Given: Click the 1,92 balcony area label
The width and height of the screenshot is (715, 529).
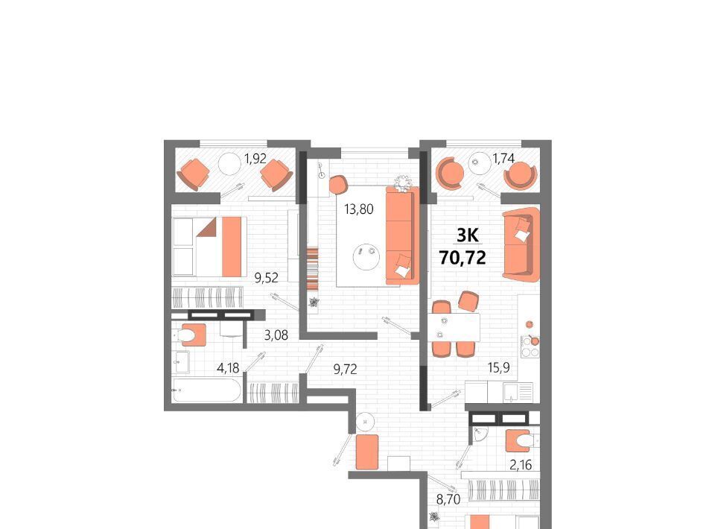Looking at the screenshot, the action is (x=255, y=159).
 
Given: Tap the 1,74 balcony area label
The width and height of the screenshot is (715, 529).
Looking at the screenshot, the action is (x=503, y=159).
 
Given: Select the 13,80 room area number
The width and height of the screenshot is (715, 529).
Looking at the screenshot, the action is (x=359, y=209).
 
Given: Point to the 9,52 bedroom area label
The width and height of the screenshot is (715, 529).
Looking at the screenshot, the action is (x=267, y=277).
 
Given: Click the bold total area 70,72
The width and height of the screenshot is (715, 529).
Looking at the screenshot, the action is (x=463, y=258).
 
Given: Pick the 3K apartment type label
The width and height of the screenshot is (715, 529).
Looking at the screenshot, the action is (x=468, y=235).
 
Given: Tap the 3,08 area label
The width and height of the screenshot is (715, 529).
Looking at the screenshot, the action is (x=276, y=335).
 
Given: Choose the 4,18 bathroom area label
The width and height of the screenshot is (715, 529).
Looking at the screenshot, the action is (x=228, y=367).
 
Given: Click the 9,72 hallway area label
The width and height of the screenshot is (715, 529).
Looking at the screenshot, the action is (x=345, y=369).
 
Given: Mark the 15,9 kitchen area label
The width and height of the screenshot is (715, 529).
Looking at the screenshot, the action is (x=499, y=367).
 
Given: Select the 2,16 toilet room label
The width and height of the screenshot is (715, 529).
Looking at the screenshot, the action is (x=521, y=465).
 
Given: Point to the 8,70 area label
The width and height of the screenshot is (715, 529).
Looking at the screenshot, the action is (x=448, y=499).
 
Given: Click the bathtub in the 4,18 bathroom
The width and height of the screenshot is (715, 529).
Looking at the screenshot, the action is (x=207, y=391).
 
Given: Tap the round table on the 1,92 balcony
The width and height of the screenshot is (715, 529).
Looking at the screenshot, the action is (x=229, y=165).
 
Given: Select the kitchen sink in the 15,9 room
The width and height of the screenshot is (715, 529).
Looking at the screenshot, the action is (x=518, y=392).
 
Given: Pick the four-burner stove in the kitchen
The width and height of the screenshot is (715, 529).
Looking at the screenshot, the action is (x=530, y=346).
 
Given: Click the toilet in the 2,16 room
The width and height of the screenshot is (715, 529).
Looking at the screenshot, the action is (x=521, y=440).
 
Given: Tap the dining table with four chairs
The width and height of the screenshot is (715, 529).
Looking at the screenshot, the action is (x=454, y=328).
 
